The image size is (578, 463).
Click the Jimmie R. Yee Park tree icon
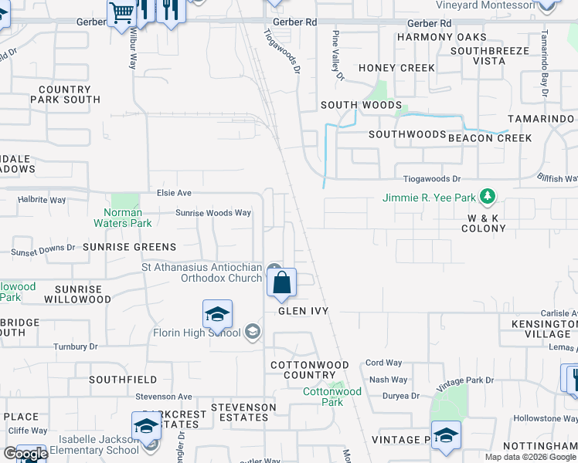[487, 197]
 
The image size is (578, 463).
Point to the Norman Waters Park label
[124, 218]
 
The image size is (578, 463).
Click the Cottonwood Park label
[332, 397]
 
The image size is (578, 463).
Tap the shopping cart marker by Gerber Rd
[121, 13]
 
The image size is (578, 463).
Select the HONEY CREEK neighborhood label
[396, 68]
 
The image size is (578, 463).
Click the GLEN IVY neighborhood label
[304, 311]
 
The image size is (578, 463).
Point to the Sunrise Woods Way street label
[213, 213]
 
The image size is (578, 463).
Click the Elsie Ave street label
[174, 193]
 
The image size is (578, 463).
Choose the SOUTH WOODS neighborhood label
[361, 105]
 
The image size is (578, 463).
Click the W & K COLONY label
[484, 223]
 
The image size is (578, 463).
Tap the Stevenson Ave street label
[164, 397]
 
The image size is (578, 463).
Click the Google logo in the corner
[25, 454]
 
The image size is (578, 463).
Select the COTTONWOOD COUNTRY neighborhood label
[309, 370]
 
